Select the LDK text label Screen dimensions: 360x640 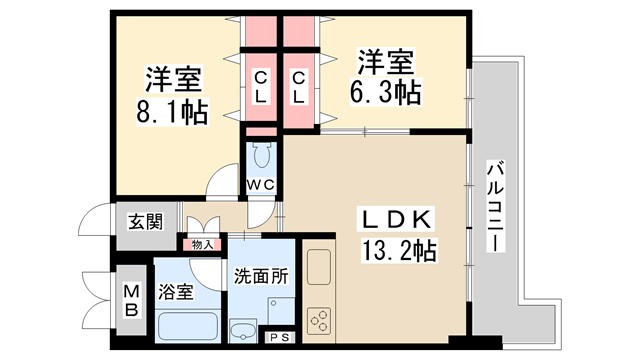tap(395, 219)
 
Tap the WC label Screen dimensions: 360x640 tap(261, 184)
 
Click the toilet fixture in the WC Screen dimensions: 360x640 tap(262, 156)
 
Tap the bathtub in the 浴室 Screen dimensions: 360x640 tap(187, 326)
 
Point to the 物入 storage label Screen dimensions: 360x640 tap(202, 243)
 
